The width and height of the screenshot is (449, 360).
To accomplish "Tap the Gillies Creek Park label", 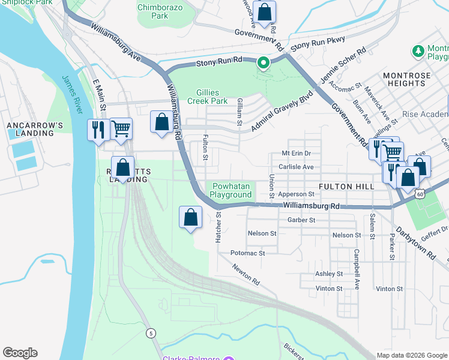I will coord(212,97).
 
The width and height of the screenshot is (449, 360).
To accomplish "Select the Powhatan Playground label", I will coord(231,190).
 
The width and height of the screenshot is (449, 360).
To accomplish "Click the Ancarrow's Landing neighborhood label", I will coord(35,128).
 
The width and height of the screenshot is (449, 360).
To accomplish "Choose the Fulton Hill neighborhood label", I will coord(346,187).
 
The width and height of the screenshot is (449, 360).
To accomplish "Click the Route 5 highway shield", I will coord(151,333).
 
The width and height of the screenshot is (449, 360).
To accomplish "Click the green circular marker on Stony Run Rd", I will coord(263,62).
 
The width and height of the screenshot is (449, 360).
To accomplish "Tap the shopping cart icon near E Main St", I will coord(121,128).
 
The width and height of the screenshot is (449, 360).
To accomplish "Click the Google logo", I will coord(20,353).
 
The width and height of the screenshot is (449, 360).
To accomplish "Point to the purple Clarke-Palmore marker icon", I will coord(228,359).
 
